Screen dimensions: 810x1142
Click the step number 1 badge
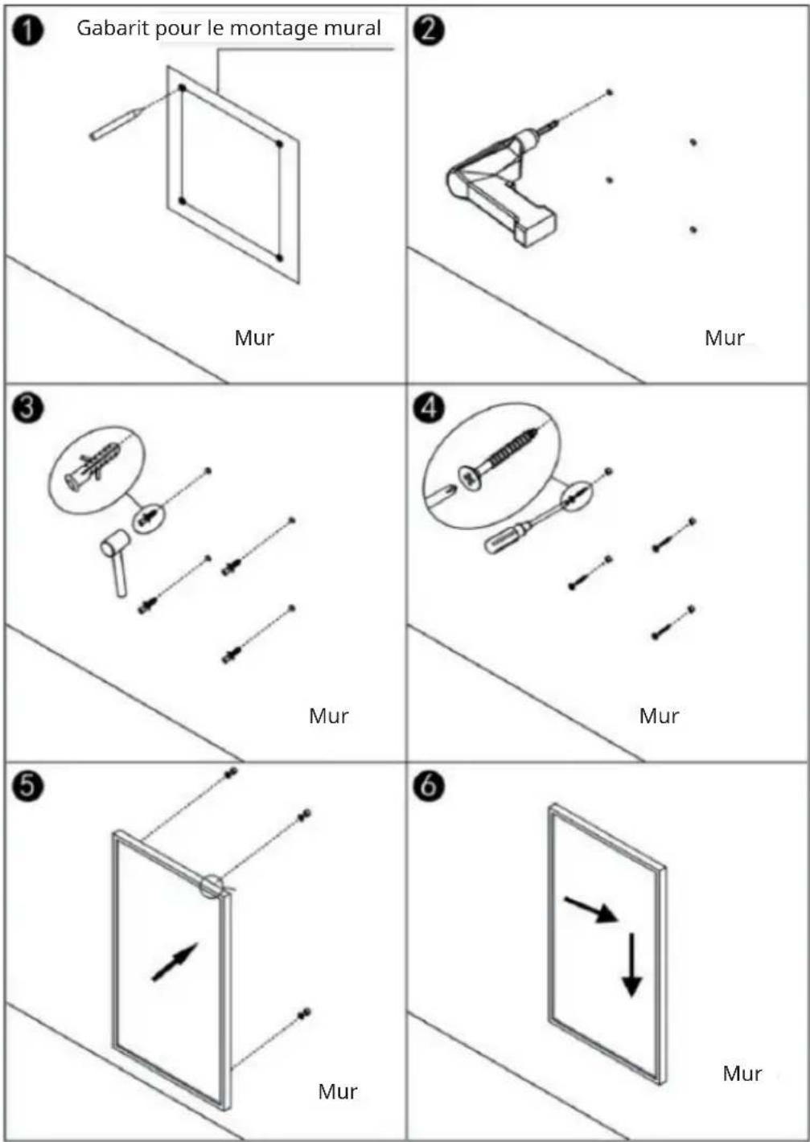click(27, 31)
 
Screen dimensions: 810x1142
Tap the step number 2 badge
click(429, 31)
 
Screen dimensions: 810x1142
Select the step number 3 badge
click(27, 409)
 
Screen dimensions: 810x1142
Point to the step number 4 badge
click(429, 409)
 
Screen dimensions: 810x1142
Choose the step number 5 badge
click(27, 787)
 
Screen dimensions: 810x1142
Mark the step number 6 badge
click(429, 787)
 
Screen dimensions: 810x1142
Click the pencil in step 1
click(116, 124)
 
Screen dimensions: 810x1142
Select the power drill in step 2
click(502, 184)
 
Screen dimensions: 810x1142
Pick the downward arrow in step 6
click(631, 964)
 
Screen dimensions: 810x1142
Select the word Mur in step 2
click(725, 338)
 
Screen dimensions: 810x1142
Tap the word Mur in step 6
click(742, 1074)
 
